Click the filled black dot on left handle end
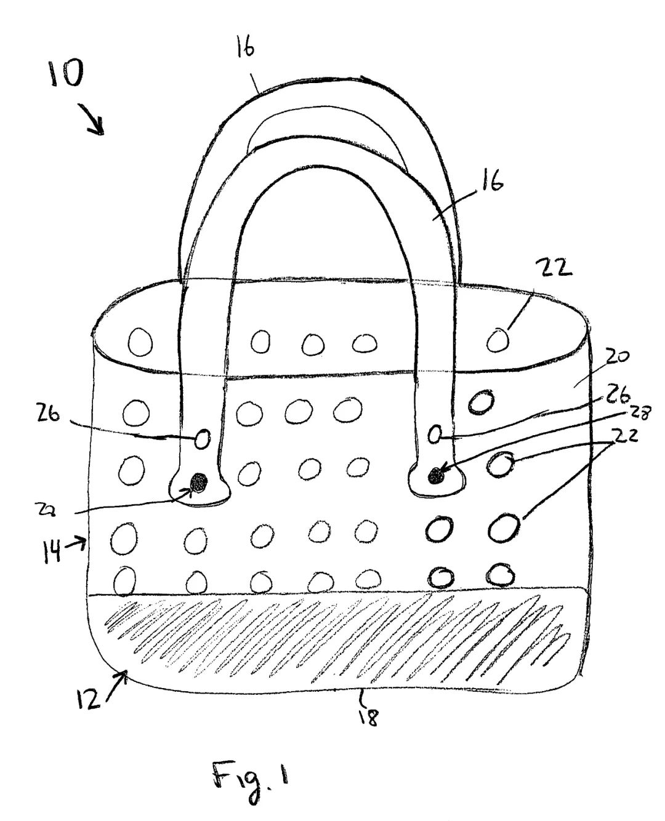(198, 483)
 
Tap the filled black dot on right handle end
(436, 475)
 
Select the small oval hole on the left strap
(202, 439)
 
